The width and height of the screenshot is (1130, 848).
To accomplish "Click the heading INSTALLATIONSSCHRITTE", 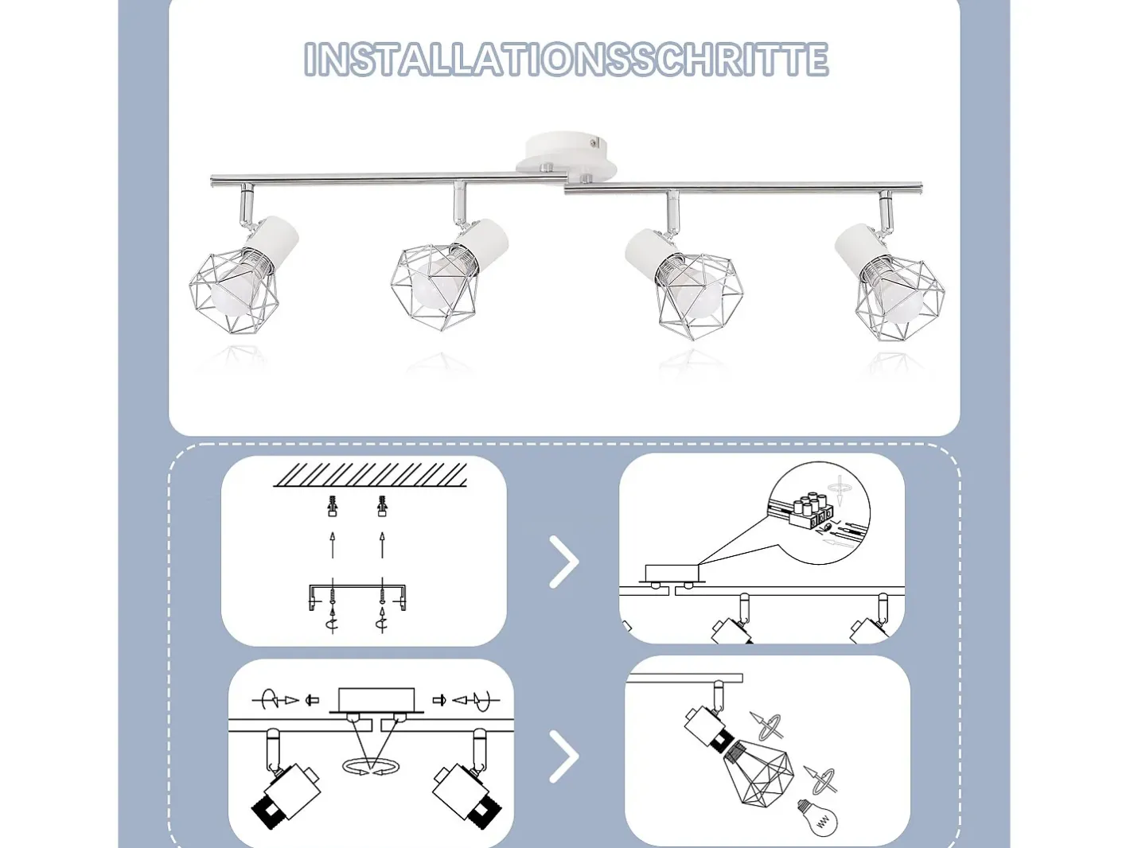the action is coord(566,60).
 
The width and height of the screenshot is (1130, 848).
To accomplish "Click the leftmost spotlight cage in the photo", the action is coord(234,291).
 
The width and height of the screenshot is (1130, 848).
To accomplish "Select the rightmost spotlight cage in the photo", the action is coord(900,298).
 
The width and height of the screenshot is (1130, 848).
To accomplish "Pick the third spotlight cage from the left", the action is coord(700,296).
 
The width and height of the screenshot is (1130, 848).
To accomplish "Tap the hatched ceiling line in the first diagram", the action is coord(369,474).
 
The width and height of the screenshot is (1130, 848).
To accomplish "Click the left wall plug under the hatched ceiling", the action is coord(333,506).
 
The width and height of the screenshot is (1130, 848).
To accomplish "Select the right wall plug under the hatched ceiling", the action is coord(382,506).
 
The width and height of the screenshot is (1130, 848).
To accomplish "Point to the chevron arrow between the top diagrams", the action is coord(564,562).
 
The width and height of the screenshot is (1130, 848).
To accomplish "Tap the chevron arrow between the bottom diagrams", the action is coord(564,757).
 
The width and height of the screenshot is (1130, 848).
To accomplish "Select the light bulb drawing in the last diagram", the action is coord(817,817).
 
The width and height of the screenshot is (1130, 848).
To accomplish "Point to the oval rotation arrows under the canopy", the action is coord(370,766).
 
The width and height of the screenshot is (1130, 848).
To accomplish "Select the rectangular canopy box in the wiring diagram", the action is coord(672,573).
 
